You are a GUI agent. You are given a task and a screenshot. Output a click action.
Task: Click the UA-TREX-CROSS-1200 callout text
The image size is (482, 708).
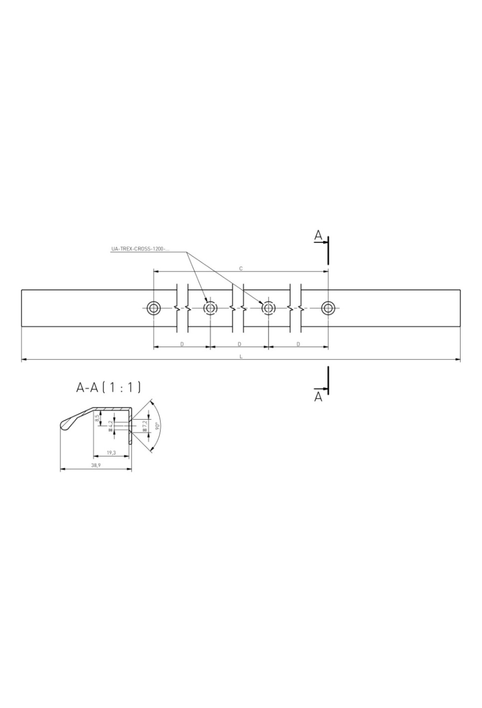point(140,249)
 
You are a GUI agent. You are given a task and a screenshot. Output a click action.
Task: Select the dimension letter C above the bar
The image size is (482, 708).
point(241,268)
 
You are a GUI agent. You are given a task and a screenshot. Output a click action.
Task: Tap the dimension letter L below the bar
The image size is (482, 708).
point(241,356)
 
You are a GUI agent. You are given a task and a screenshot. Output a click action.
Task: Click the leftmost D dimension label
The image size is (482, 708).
point(182,344)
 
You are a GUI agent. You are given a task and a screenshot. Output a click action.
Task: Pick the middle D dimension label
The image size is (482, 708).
point(239,344)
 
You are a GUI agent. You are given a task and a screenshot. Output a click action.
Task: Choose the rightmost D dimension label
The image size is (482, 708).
point(298,344)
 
